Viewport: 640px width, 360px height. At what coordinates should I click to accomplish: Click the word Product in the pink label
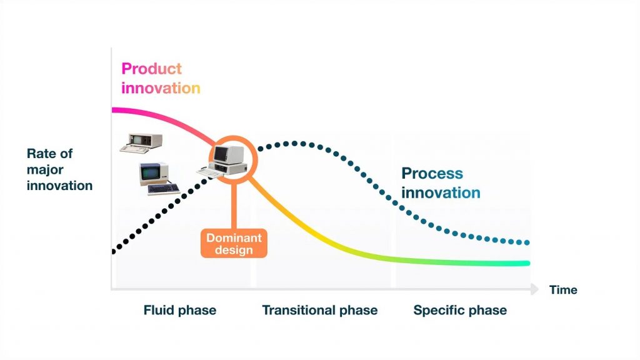click(151, 69)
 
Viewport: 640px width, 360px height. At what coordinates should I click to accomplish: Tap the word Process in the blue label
click(432, 174)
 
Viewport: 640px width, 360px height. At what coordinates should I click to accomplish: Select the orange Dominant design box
click(234, 243)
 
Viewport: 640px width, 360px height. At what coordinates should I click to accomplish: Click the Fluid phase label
click(179, 310)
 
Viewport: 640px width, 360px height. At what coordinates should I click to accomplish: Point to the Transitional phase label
click(319, 310)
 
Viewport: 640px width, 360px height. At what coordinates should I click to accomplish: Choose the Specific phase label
click(460, 310)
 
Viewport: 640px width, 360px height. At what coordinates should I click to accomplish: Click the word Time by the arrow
click(563, 290)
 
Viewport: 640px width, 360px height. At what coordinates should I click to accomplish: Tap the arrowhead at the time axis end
click(535, 289)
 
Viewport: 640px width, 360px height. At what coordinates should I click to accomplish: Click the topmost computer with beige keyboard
click(141, 143)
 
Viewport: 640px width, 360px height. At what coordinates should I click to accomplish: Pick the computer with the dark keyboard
click(159, 178)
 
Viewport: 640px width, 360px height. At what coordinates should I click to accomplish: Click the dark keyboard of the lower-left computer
click(164, 189)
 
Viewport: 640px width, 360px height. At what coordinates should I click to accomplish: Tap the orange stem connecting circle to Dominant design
click(234, 206)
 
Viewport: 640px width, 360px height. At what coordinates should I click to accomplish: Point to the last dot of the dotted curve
click(527, 243)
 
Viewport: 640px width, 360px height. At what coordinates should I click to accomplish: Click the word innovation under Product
click(161, 88)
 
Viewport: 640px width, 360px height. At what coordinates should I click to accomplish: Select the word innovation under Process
click(441, 192)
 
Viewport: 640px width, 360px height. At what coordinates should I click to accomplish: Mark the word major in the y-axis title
click(45, 170)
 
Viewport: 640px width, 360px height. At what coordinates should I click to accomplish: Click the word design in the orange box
click(234, 250)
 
